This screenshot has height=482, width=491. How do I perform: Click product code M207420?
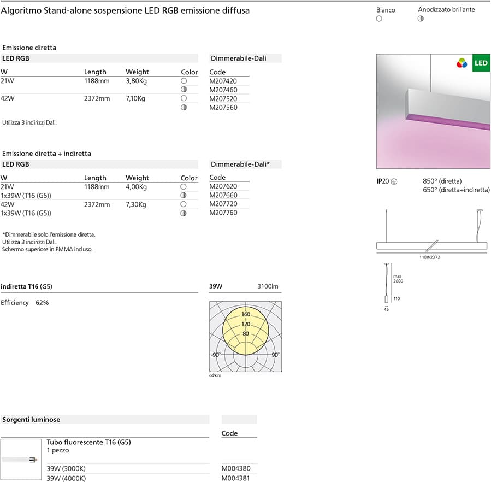tap(223, 81)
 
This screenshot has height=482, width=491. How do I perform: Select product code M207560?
tap(223, 108)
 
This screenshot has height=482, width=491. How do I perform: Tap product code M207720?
tap(223, 204)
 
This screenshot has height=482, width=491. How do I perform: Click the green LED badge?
tap(481, 63)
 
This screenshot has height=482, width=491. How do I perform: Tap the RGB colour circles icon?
tap(462, 63)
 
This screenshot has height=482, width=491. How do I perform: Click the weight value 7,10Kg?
tap(135, 98)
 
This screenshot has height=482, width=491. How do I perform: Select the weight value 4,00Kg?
tap(136, 186)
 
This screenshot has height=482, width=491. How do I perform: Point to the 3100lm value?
tap(268, 286)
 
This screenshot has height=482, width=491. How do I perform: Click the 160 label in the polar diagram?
tap(246, 314)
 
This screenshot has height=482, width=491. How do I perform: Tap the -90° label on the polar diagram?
tap(216, 355)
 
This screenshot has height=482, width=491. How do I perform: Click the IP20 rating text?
tap(383, 181)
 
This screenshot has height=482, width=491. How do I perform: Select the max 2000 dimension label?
tap(398, 279)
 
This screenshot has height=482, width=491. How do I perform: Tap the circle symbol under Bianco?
tap(379, 19)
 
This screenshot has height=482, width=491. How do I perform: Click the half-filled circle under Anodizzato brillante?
tap(421, 19)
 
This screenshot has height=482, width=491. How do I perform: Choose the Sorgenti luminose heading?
tap(31, 420)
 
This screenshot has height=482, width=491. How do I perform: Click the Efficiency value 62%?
tap(42, 302)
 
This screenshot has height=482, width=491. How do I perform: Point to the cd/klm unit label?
tap(215, 375)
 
